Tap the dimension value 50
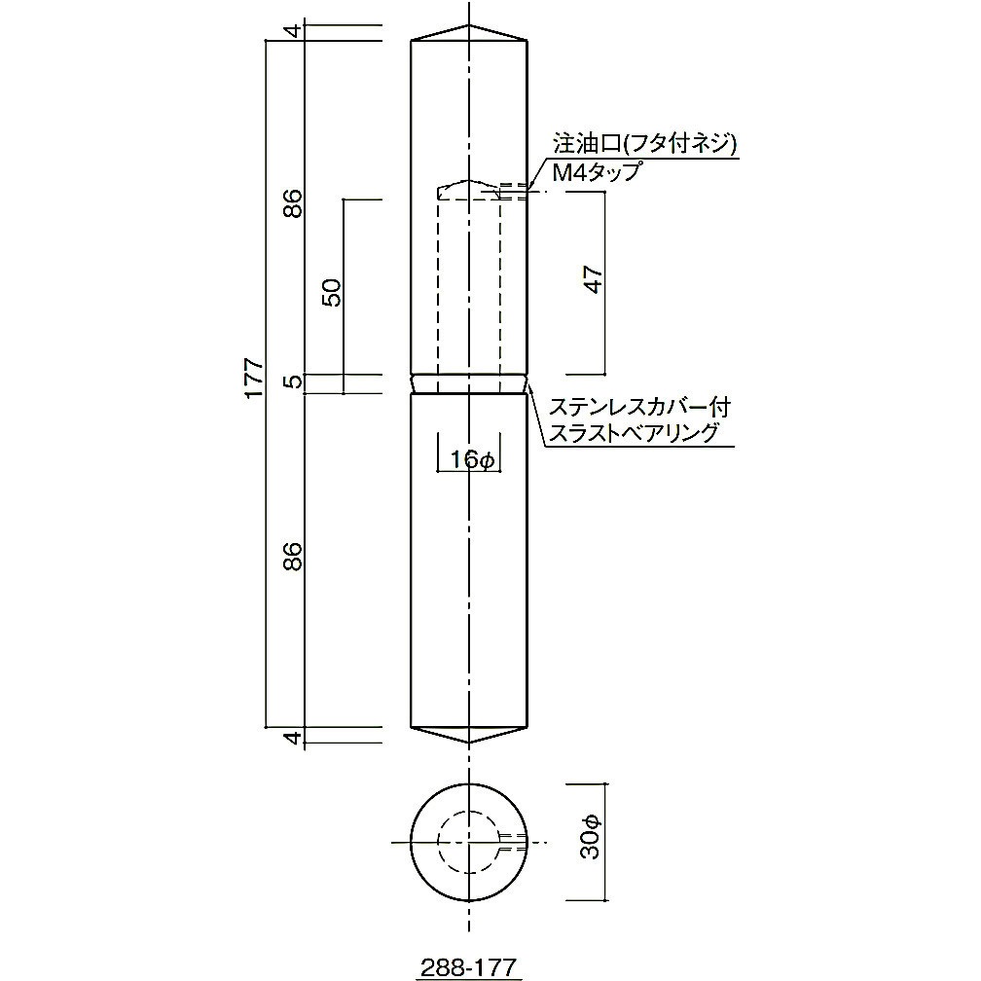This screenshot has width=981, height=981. point(332,293)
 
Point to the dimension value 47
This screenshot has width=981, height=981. point(595,281)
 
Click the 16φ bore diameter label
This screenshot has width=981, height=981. point(470,459)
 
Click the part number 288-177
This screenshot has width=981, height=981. point(469,966)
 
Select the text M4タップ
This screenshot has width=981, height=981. point(597,172)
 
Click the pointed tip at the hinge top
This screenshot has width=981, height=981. point(469,26)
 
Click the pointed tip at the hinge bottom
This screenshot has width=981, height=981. point(469,744)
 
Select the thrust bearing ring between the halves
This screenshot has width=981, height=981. point(469,383)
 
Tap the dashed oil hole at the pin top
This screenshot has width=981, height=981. point(515,190)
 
